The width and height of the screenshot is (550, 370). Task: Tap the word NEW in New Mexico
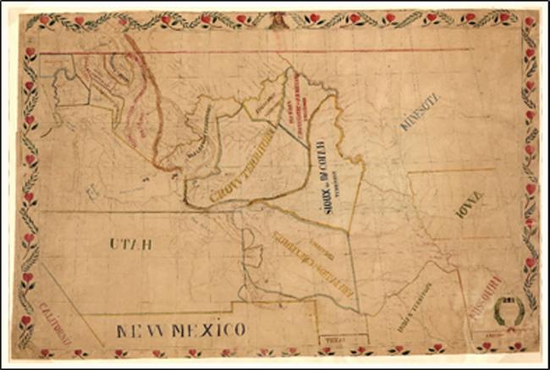[x=140, y=329]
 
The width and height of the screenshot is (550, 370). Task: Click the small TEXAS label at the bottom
[x=329, y=339]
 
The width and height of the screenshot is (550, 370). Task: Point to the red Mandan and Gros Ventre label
[x=298, y=113]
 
